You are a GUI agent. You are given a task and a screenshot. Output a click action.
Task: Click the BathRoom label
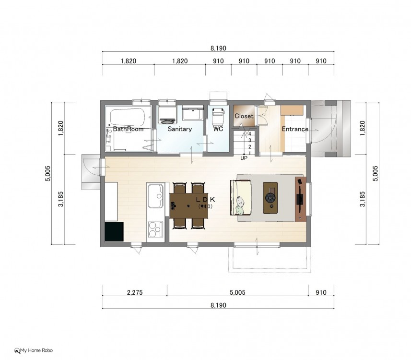128,129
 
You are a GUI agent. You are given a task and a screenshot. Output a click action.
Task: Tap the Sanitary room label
179,129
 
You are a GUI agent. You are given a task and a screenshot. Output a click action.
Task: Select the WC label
218,129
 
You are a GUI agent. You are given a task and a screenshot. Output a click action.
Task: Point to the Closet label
244,116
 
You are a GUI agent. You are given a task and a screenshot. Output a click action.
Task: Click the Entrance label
295,129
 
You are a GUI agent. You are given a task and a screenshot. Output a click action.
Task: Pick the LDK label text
205,200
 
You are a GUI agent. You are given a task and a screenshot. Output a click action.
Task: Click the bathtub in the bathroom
128,117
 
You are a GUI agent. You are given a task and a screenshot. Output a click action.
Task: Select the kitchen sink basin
156,196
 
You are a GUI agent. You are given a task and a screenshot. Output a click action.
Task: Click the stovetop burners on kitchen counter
155,229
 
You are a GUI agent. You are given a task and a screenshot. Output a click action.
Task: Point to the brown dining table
189,205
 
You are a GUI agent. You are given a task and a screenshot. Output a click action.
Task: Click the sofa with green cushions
241,197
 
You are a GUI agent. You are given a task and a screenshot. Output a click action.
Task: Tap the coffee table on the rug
270,198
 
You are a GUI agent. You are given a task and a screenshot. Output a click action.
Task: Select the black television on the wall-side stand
300,199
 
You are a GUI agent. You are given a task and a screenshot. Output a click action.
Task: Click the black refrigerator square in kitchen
114,232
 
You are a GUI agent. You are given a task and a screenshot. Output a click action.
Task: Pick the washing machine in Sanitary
167,115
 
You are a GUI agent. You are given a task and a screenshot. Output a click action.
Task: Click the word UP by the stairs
244,158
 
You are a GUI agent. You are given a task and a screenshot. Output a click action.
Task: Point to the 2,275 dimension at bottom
135,292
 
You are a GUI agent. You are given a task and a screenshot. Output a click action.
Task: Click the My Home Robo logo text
36,350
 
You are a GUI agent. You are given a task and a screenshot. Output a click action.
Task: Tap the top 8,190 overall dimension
218,48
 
